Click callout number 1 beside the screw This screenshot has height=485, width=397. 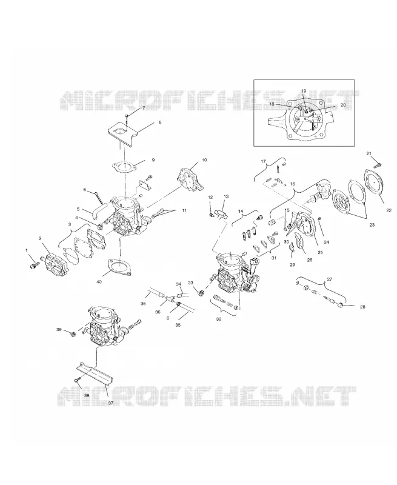(x=27, y=250)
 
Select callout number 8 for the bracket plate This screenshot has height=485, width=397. (x=160, y=122)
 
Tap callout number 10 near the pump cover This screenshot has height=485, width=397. (x=204, y=160)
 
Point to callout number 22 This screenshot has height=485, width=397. (x=389, y=210)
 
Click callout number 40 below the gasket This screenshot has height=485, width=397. (x=99, y=282)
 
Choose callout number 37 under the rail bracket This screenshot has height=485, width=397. (x=111, y=403)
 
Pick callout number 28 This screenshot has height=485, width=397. (x=362, y=307)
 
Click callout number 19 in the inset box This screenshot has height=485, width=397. (x=304, y=91)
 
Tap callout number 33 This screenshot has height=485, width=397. (x=190, y=283)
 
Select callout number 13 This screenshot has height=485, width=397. (x=226, y=196)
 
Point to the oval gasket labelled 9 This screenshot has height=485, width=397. (x=124, y=167)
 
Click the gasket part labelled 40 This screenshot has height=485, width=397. (x=119, y=267)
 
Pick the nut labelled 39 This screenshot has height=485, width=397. (x=73, y=334)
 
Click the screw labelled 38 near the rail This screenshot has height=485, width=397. (x=78, y=380)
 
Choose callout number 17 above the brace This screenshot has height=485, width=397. (x=264, y=161)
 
